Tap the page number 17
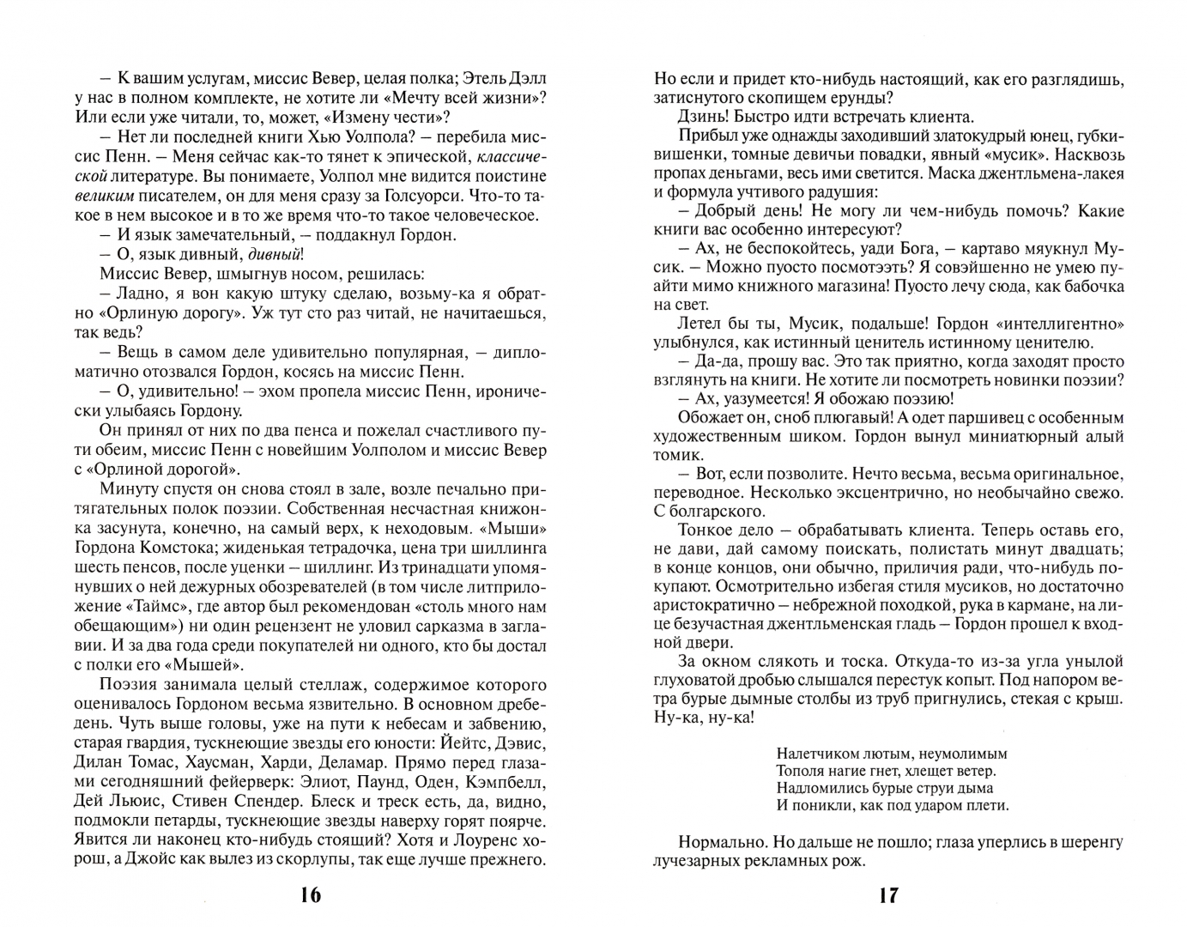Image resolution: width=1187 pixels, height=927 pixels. click(888, 897)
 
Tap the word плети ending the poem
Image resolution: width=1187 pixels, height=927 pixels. click(986, 805)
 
